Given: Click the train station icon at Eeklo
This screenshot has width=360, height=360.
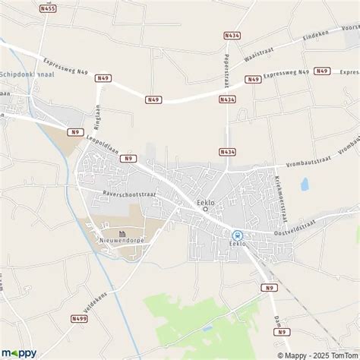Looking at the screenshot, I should [x=238, y=235].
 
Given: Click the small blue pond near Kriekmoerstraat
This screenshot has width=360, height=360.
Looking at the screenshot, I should [x=305, y=184].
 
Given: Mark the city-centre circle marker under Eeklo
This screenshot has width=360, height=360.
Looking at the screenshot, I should [x=205, y=210].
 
